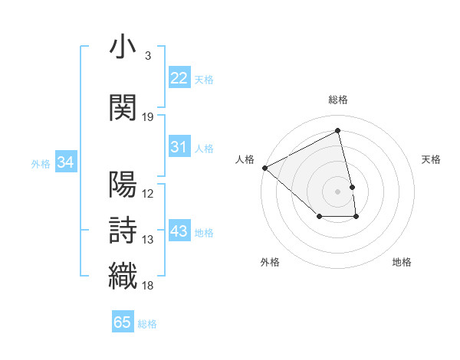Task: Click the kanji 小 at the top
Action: coord(123,47)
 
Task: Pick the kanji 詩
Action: coord(123,230)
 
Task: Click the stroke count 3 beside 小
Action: coord(148,56)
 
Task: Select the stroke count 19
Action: coord(148,116)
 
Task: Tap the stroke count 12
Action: coord(148,193)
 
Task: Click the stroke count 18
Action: coord(148,285)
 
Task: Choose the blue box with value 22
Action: coord(179,78)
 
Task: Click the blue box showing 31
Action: coord(179,147)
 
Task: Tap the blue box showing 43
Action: coord(179,231)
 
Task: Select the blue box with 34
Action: coord(65,162)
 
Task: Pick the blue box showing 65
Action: coord(123,322)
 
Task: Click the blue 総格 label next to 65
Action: coord(147,324)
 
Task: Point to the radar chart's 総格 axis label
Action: coord(338,100)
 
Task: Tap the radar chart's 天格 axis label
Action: coord(432,159)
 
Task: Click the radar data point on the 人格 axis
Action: coord(264,168)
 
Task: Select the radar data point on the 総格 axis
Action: coord(338,131)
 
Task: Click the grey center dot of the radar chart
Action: coord(338,191)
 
